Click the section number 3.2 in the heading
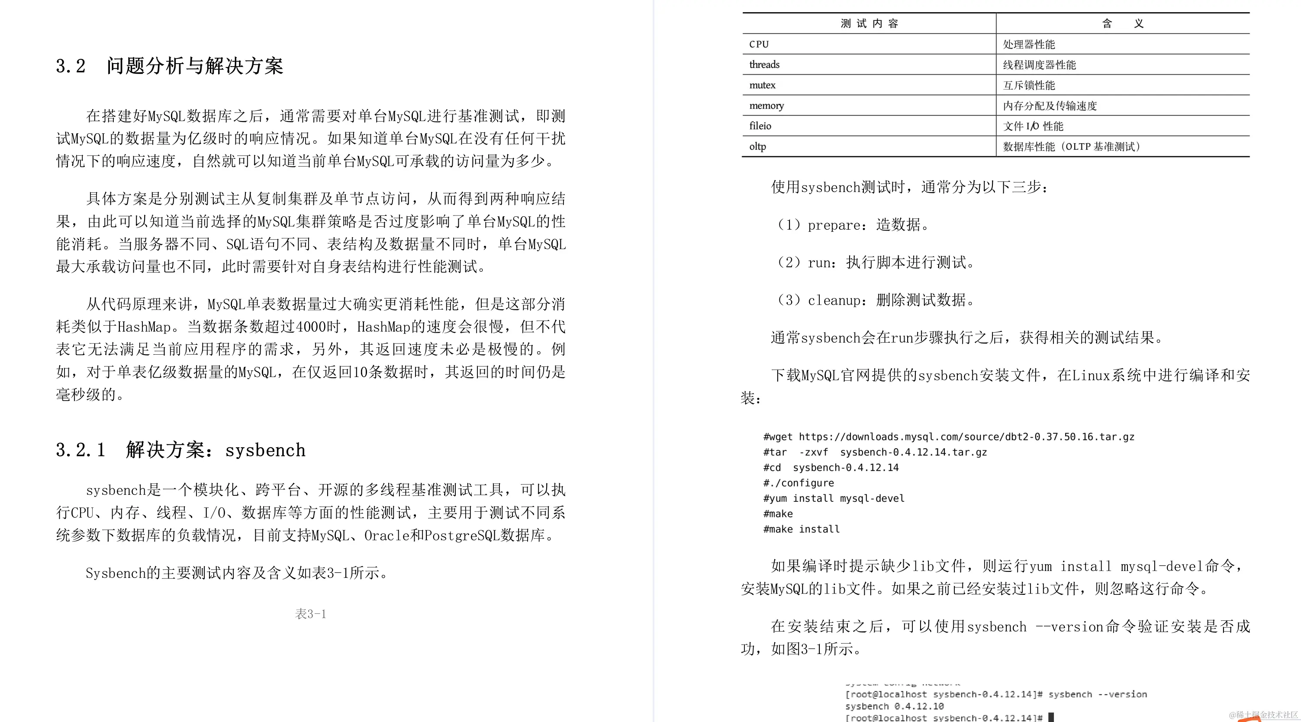(x=71, y=66)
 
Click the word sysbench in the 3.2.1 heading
(x=265, y=450)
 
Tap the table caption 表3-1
(x=311, y=614)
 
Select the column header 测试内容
(x=869, y=24)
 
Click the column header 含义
(x=1122, y=24)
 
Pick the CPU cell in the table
(x=759, y=45)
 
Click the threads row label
(x=764, y=64)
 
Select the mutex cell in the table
(x=762, y=85)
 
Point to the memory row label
(x=766, y=106)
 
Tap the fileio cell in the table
(x=760, y=126)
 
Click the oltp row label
(x=757, y=146)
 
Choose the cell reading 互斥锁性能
(x=1029, y=85)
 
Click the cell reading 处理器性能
(x=1029, y=45)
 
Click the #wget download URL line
(x=948, y=437)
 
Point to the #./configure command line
(x=799, y=483)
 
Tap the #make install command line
(x=802, y=529)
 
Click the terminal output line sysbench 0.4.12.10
(x=895, y=706)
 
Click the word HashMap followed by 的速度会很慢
(x=384, y=327)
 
